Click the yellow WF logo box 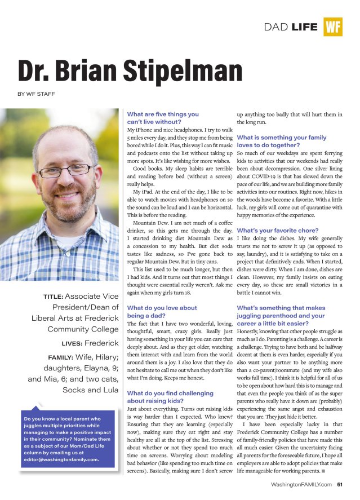[x=333, y=26]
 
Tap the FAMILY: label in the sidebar [x=64, y=357]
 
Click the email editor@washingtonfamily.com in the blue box [x=61, y=459]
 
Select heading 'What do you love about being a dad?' [x=162, y=312]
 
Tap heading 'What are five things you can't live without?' [x=163, y=118]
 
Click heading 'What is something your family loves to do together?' [x=281, y=141]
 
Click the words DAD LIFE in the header [x=291, y=26]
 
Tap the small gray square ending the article [x=323, y=470]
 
